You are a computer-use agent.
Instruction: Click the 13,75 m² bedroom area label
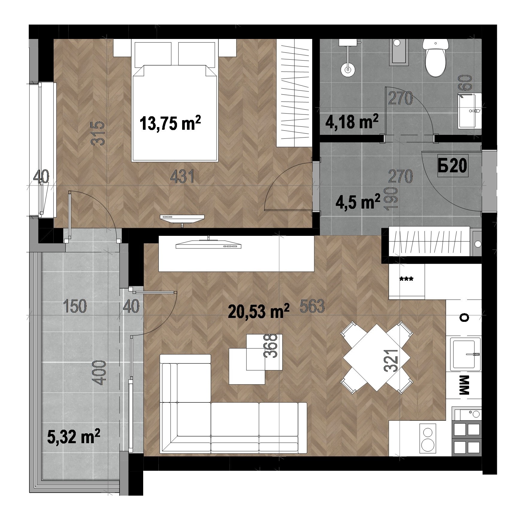(x=170, y=123)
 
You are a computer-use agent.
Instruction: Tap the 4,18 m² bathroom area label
(x=352, y=122)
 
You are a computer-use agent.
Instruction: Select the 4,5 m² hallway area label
(x=358, y=202)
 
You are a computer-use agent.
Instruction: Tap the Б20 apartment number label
(x=452, y=166)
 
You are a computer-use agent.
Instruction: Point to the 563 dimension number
(x=312, y=306)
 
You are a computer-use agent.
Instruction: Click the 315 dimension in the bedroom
(x=99, y=133)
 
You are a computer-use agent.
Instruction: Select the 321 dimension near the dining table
(x=392, y=360)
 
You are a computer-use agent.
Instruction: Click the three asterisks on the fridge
(x=406, y=280)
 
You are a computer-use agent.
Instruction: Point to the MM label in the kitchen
(x=464, y=388)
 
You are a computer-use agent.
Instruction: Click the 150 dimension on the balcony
(x=75, y=306)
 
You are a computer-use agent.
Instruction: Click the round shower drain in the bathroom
(x=348, y=70)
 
